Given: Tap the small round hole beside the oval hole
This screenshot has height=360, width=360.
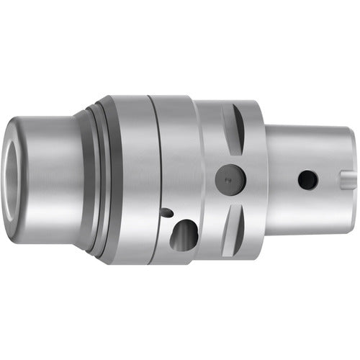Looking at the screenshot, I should pos(167,213).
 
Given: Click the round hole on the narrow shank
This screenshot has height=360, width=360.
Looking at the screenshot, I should pos(308,180).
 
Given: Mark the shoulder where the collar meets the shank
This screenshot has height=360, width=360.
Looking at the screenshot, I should pos(266,180).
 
